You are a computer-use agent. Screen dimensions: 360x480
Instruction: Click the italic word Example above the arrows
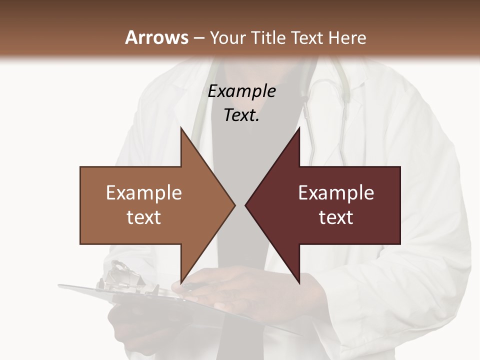pos(241,91)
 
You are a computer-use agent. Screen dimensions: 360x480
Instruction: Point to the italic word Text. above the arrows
pos(241,115)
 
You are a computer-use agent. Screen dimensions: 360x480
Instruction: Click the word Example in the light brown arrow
pos(144,193)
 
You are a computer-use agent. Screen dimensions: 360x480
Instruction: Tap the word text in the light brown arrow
pos(144,217)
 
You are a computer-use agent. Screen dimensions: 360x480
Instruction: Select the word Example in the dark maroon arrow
pos(336,193)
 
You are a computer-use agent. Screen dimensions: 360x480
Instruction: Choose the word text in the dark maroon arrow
pos(336,217)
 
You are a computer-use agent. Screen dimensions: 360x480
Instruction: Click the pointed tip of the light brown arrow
pos(234,205)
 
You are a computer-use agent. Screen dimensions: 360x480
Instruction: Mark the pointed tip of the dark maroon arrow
pos(246,205)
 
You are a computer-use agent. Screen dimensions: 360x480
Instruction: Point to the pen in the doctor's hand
pos(192,286)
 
